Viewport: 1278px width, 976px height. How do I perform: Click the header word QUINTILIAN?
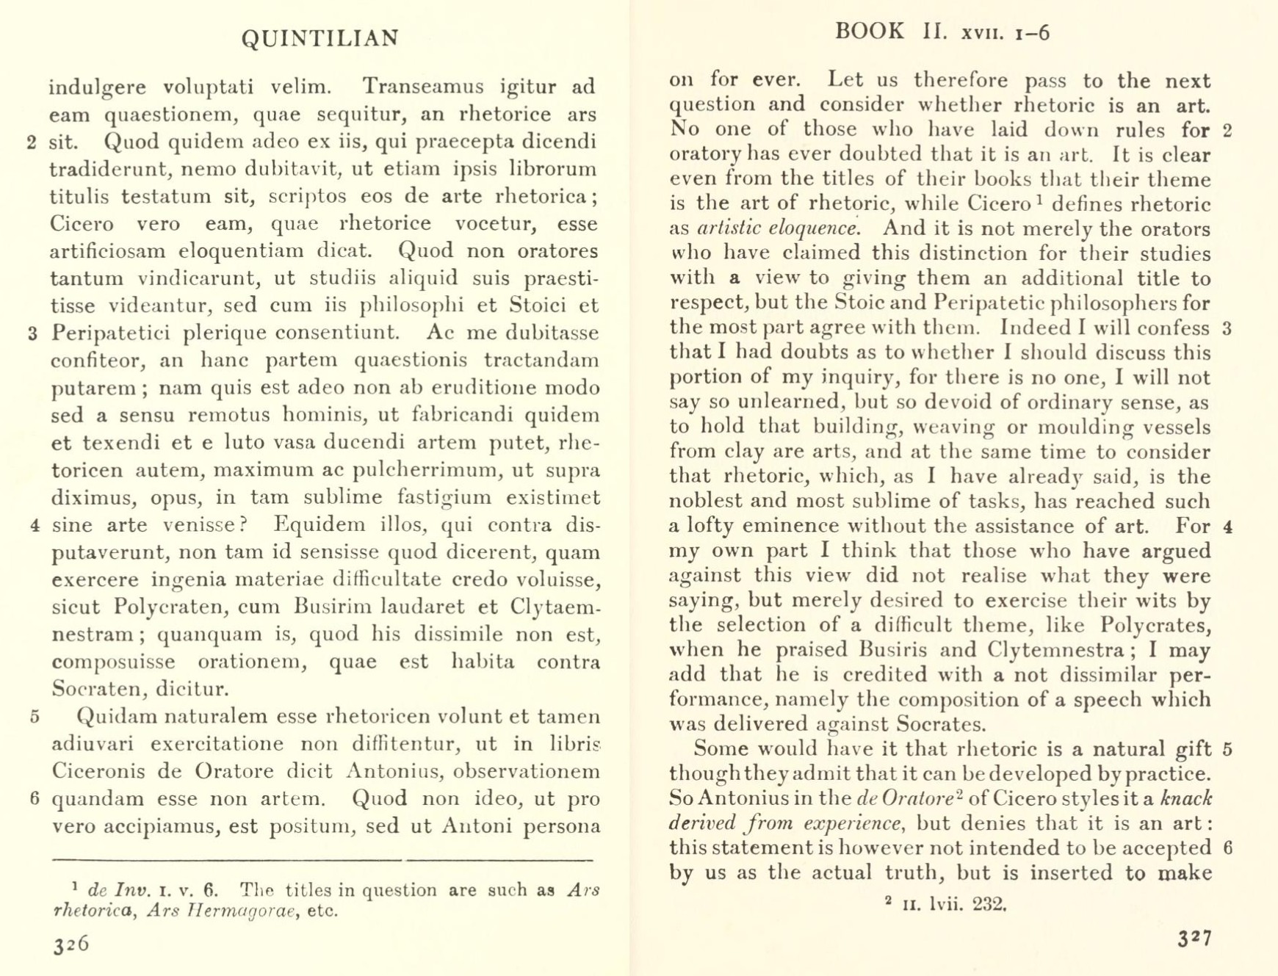click(320, 38)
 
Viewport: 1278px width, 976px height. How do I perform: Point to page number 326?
click(71, 944)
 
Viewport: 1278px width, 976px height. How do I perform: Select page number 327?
click(1195, 939)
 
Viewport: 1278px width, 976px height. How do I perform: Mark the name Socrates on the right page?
click(941, 724)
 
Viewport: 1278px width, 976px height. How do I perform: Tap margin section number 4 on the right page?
click(1227, 527)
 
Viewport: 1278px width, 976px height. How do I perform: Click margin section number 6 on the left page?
click(34, 798)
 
